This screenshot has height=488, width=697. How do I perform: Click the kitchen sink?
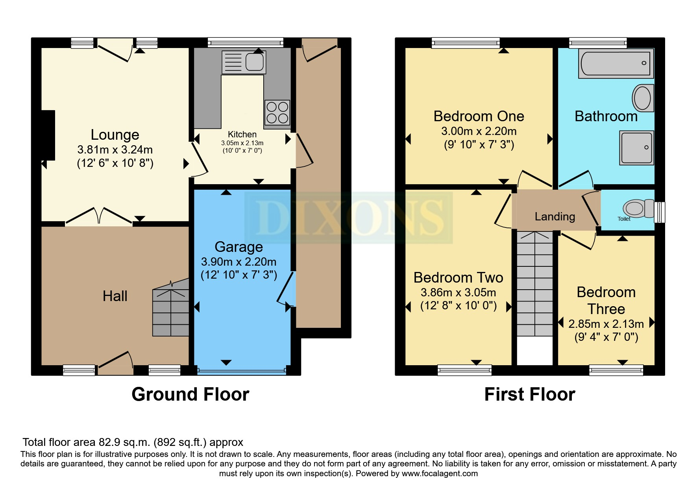(x=244, y=62)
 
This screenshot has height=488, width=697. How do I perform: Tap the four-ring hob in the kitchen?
(x=277, y=112)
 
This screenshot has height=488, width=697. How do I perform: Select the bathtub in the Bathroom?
(x=616, y=63)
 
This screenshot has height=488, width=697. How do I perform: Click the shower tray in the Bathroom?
(x=636, y=148)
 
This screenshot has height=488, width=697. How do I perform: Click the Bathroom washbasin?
(x=642, y=98)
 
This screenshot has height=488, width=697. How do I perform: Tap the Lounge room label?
(x=115, y=135)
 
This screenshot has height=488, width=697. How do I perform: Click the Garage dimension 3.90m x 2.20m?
(x=238, y=262)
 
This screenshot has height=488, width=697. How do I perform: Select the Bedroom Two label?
(x=458, y=278)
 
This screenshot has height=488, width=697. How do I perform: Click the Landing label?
(x=555, y=216)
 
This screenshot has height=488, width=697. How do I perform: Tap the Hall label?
(x=115, y=296)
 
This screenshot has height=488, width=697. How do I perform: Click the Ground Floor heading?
(x=190, y=394)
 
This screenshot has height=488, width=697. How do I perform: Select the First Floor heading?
(x=529, y=394)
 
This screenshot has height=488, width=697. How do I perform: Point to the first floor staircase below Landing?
(x=534, y=283)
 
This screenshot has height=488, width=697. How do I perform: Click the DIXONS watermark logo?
(x=348, y=217)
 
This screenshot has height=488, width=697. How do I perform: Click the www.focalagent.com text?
(x=439, y=473)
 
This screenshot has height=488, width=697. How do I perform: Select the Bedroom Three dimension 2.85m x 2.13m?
(x=606, y=324)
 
